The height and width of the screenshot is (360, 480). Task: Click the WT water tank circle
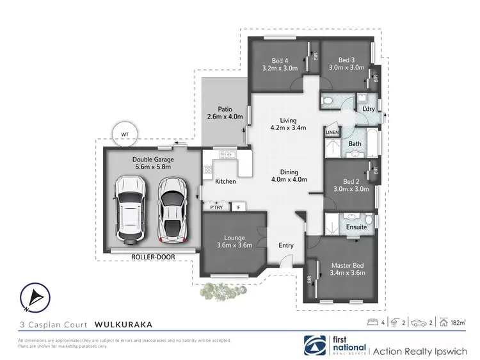pos(124,134)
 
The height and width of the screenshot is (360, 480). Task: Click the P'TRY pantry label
pos(216,208)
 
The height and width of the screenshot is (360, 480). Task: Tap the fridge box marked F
pos(238,208)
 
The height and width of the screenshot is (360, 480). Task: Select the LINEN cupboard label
pos(332,132)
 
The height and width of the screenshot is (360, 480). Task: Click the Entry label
pos(286,245)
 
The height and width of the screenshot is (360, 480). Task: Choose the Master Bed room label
pos(348,265)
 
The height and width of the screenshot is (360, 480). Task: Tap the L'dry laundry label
pos(368,110)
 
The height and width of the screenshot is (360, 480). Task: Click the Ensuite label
pos(356,227)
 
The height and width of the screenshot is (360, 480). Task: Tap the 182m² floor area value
pos(457,323)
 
